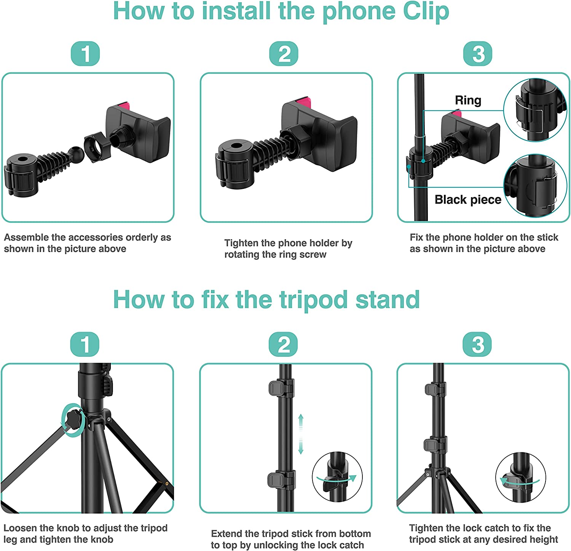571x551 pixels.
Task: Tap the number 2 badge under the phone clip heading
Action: (284, 54)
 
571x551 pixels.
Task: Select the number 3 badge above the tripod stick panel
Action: (477, 344)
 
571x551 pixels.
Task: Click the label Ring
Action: (468, 100)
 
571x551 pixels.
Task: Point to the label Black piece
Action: (468, 200)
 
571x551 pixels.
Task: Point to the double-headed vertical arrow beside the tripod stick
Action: (301, 434)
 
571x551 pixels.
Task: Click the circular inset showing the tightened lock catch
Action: (520, 478)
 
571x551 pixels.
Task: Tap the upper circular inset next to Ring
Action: (534, 110)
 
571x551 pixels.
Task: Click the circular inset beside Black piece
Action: (535, 186)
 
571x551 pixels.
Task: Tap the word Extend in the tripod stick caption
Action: (226, 533)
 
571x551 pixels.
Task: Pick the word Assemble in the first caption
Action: (26, 237)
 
